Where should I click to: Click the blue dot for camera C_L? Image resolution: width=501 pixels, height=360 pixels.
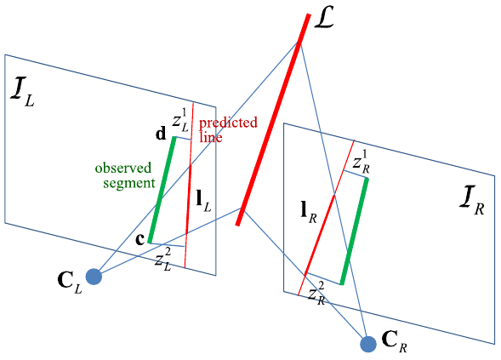click(94, 277)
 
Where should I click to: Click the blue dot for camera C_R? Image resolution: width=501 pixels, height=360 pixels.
click(368, 345)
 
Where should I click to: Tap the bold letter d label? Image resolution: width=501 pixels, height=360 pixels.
click(161, 134)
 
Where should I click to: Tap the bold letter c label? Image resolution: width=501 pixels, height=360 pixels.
click(140, 239)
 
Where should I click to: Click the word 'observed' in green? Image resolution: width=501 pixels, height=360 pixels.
click(123, 168)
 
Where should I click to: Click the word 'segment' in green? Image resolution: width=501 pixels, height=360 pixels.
click(129, 184)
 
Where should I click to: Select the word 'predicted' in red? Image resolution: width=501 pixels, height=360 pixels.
click(228, 123)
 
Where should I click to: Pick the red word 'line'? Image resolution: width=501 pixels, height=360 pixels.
click(211, 137)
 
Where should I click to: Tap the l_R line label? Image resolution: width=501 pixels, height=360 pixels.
click(309, 213)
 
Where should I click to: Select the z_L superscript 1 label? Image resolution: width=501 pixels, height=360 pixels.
click(180, 121)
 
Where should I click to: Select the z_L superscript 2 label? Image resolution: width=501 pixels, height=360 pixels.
click(163, 260)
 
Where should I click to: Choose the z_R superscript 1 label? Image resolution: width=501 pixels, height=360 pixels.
click(362, 162)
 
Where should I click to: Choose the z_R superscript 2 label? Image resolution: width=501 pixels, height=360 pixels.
click(316, 294)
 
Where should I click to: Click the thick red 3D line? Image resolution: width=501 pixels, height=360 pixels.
click(273, 119)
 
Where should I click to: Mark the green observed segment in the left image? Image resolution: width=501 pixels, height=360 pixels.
click(162, 190)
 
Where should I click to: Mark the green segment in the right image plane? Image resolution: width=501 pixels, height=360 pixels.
click(355, 231)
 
